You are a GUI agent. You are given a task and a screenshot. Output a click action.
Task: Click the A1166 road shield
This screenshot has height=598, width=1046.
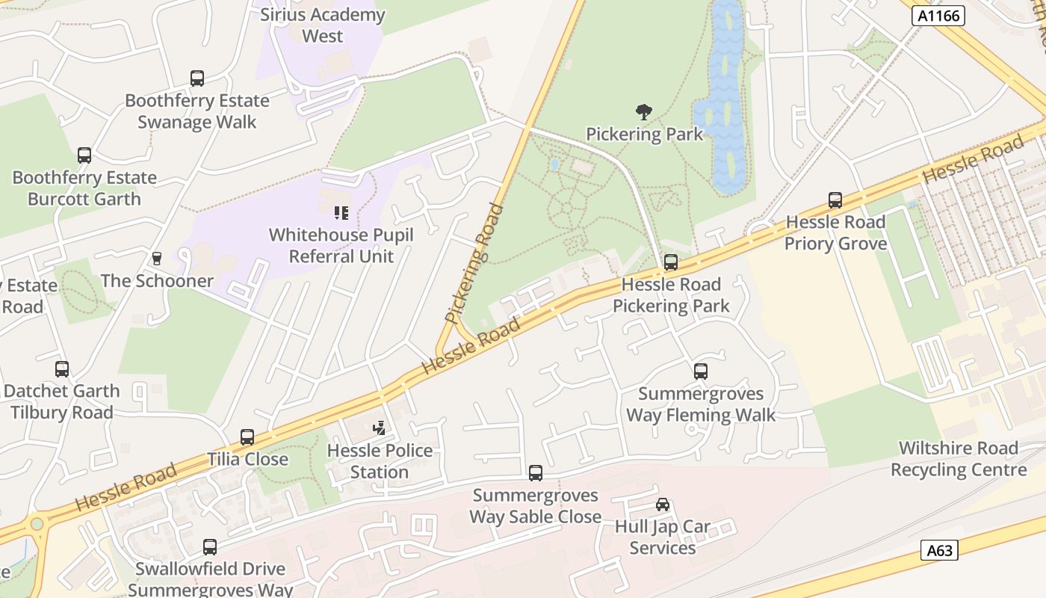[938, 15]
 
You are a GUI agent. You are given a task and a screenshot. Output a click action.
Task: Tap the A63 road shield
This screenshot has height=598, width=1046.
[939, 550]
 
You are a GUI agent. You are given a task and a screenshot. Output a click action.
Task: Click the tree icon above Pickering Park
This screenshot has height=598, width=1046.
[643, 113]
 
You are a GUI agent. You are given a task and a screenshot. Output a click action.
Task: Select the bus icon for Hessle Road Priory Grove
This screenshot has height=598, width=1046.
[835, 200]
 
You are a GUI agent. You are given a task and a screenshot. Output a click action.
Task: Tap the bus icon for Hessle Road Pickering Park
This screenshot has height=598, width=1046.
[671, 262]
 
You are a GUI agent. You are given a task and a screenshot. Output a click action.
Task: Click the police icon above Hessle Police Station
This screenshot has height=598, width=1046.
[380, 428]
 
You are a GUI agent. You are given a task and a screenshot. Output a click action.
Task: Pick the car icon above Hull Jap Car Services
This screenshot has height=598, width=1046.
[663, 505]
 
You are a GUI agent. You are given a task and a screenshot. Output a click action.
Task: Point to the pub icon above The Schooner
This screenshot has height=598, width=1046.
[157, 259]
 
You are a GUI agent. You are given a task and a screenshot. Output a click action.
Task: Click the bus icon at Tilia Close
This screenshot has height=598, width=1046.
[247, 437]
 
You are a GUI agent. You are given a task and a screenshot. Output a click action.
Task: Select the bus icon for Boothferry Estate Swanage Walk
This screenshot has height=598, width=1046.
[197, 78]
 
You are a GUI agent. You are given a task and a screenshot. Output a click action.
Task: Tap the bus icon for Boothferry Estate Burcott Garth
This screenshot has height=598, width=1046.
[84, 155]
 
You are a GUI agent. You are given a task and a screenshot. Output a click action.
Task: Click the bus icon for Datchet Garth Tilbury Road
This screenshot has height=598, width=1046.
[62, 369]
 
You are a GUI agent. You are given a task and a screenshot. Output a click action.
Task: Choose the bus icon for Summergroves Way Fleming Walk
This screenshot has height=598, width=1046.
[701, 372]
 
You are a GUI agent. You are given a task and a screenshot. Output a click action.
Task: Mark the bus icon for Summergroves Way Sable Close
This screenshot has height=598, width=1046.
[536, 472]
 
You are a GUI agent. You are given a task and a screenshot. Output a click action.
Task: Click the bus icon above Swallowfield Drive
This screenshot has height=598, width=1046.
[210, 547]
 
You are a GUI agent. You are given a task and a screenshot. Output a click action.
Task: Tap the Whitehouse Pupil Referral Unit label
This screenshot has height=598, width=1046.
[341, 245]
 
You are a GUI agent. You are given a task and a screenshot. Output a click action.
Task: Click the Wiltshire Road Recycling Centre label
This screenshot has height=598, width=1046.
[959, 459]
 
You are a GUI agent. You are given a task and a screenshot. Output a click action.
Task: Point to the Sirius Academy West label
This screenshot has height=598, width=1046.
[323, 25]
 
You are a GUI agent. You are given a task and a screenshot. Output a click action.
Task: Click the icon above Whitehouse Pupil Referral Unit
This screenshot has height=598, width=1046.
[341, 213]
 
